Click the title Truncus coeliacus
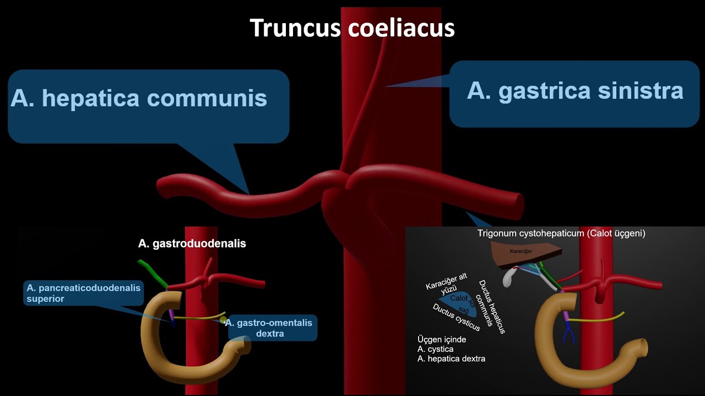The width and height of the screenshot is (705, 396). [352, 28]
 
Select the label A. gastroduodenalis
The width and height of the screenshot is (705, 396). [192, 243]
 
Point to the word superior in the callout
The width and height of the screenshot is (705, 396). [45, 299]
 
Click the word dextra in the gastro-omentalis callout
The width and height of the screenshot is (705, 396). [270, 333]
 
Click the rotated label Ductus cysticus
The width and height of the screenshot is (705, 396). [456, 317]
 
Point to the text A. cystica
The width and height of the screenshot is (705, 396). [435, 349]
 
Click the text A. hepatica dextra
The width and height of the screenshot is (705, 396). [451, 359]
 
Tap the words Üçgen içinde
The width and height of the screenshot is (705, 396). [441, 339]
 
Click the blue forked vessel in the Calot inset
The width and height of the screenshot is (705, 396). [568, 333]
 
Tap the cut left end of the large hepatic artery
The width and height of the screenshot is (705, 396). [164, 187]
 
